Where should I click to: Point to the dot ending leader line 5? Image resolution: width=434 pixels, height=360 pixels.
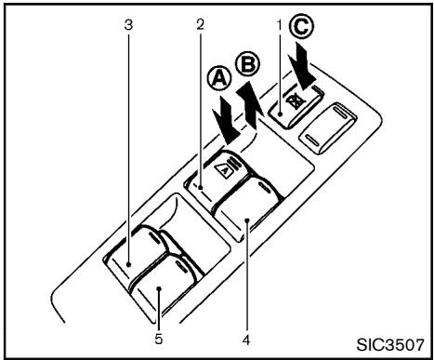(159, 290)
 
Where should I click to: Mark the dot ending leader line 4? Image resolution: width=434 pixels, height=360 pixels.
(247, 220)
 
